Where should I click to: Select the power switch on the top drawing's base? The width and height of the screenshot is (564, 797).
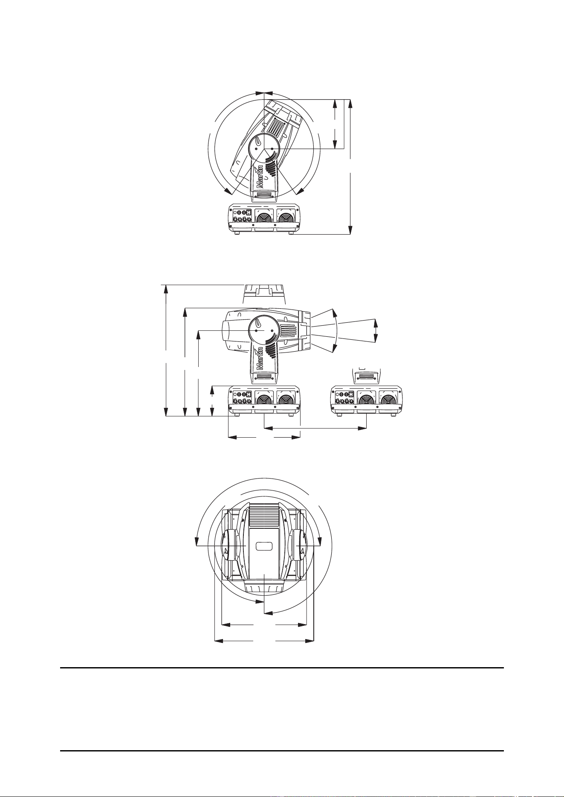pos(250,212)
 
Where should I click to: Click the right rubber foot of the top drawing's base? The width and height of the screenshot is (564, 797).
pos(291,232)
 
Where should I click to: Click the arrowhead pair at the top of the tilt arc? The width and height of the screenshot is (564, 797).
pos(264,92)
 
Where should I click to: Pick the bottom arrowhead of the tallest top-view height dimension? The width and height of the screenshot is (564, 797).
pos(350,230)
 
